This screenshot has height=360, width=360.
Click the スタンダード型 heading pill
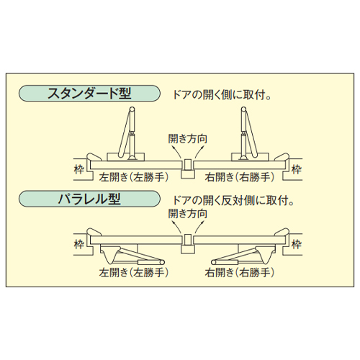(x=89, y=93)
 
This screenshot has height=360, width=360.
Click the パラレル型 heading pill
(x=89, y=199)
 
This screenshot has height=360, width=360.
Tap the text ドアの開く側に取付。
(x=222, y=95)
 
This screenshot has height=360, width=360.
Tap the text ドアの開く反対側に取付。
(x=233, y=201)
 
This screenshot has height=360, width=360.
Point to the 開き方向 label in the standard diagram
(x=187, y=139)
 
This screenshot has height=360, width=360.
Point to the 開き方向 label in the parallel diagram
(x=187, y=214)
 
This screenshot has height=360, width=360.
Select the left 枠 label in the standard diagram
(x=79, y=170)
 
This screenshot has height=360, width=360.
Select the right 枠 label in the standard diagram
(x=297, y=170)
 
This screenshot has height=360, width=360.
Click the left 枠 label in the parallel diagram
(x=79, y=245)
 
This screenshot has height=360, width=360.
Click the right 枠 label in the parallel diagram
(x=297, y=245)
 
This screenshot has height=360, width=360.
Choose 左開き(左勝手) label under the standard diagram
(x=134, y=177)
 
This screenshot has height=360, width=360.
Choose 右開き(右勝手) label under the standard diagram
(x=240, y=177)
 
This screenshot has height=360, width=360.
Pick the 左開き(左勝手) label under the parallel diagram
(x=134, y=273)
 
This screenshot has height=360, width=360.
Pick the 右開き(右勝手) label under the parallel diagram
(x=240, y=273)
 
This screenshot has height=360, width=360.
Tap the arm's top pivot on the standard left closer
(x=132, y=109)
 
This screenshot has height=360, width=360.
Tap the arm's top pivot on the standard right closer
(x=243, y=109)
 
